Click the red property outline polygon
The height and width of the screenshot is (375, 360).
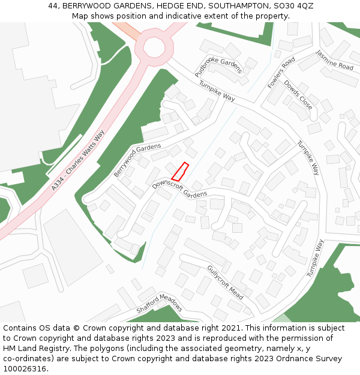click(180, 172)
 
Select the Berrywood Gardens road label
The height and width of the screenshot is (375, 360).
click(137, 159)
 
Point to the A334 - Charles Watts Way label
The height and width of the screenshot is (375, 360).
click(78, 160)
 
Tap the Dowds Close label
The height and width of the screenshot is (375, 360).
click(298, 94)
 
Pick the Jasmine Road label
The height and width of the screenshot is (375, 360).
click(335, 59)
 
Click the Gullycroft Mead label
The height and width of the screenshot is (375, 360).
click(225, 282)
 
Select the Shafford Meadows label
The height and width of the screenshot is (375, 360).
click(159, 304)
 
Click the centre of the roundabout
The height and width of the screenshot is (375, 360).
click(154, 46)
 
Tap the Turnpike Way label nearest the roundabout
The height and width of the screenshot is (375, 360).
click(216, 91)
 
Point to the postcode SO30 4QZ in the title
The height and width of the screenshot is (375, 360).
click(295, 5)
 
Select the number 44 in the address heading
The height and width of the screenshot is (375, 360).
click(53, 5)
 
